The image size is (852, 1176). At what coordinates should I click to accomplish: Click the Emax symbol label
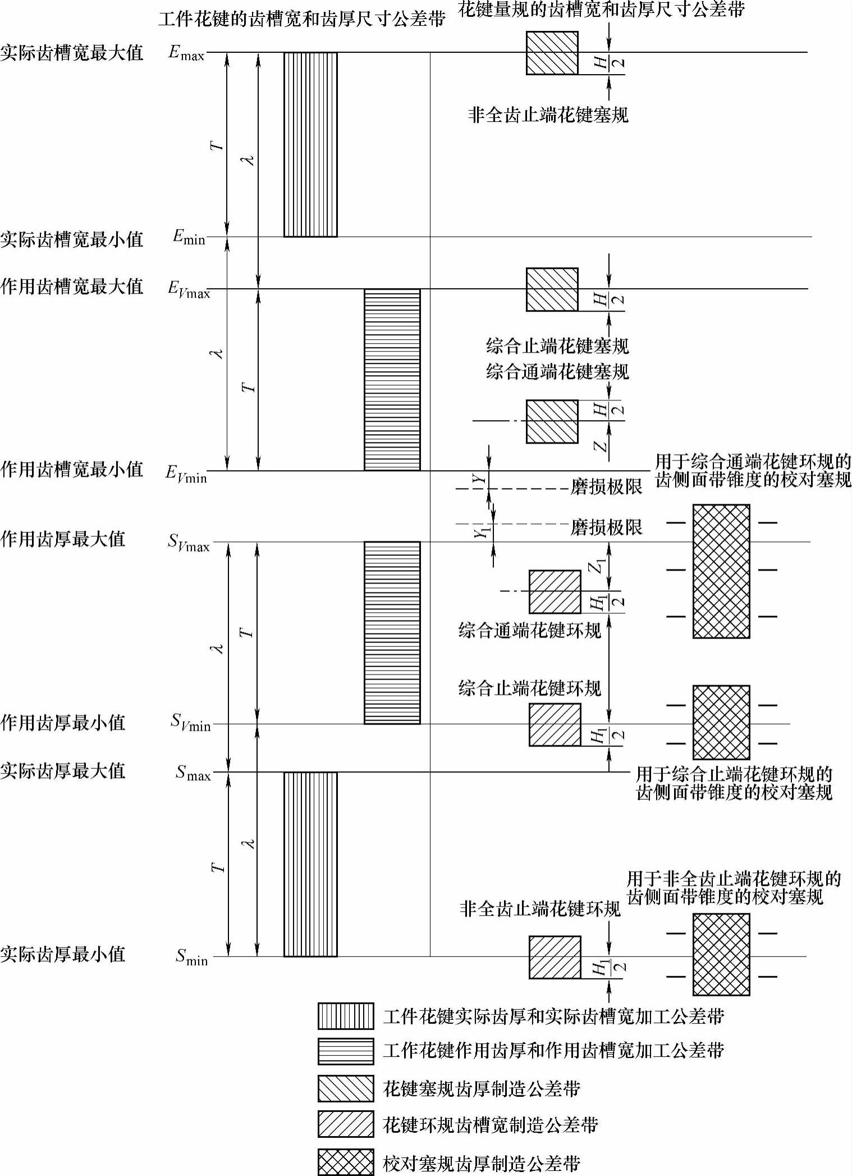(x=186, y=53)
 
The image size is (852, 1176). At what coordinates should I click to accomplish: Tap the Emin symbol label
(x=189, y=238)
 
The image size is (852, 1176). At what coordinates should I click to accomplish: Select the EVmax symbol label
(x=189, y=290)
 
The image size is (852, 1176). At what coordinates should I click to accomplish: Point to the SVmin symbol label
(x=190, y=723)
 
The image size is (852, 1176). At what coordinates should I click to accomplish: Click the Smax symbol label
(x=193, y=773)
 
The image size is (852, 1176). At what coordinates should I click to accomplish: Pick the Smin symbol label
(x=191, y=956)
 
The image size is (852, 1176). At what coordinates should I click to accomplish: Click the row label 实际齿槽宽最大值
(x=72, y=53)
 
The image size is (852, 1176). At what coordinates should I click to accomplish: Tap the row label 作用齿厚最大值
(x=63, y=539)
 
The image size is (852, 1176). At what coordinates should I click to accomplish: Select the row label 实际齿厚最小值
(x=63, y=954)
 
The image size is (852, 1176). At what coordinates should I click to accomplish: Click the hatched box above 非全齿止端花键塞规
(x=552, y=53)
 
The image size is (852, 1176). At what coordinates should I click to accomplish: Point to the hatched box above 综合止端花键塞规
(x=552, y=290)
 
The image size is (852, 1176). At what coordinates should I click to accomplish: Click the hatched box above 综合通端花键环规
(x=555, y=592)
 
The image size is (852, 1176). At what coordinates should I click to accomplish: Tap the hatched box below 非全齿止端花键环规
(x=555, y=958)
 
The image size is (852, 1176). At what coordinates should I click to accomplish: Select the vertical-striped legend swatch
(x=345, y=1016)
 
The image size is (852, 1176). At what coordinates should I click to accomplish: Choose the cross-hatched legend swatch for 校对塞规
(x=345, y=1162)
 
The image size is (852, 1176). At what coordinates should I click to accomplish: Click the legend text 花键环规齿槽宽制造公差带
(x=491, y=1125)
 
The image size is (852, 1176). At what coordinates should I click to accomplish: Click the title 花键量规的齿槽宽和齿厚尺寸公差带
(x=601, y=10)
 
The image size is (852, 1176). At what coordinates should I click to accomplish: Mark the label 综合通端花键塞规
(x=557, y=372)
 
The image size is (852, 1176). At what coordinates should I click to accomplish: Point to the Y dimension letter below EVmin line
(x=478, y=479)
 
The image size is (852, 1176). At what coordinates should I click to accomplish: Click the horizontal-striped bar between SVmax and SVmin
(x=392, y=632)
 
